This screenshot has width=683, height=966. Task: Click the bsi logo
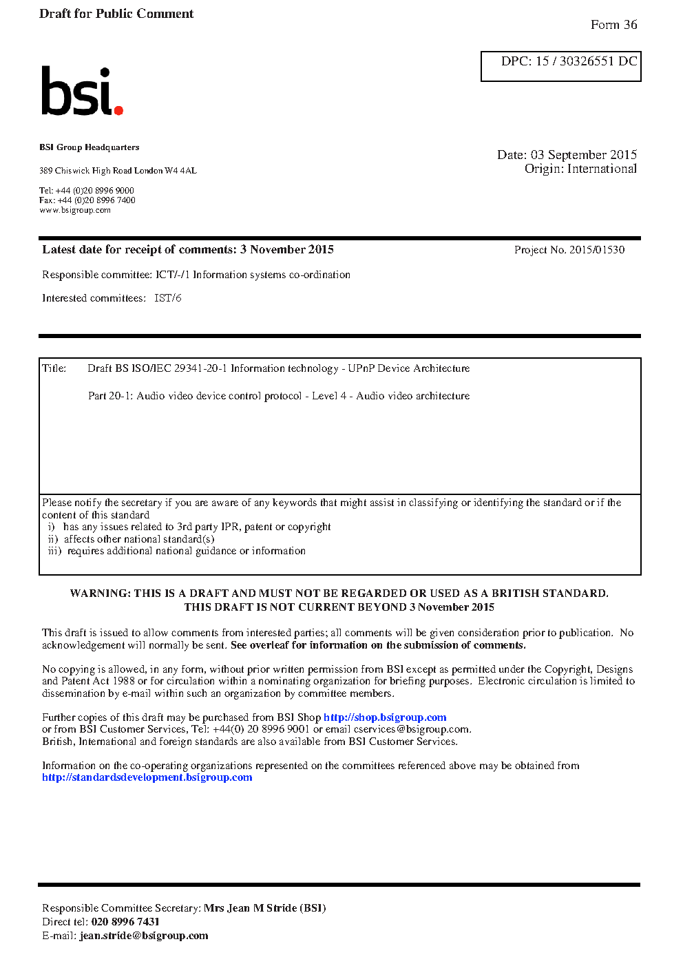[x=81, y=91]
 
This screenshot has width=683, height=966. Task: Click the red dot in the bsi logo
[x=118, y=109]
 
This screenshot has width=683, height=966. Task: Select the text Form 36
[x=613, y=25]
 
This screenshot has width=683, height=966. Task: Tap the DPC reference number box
[x=560, y=66]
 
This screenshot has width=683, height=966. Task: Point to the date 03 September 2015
[x=583, y=155]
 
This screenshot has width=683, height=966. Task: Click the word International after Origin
[x=602, y=169]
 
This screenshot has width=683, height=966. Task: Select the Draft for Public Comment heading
[x=116, y=14]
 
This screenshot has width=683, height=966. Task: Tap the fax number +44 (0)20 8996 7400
[x=96, y=200]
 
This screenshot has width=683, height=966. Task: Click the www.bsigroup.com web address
[x=75, y=210]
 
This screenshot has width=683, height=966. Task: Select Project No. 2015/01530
[x=569, y=250]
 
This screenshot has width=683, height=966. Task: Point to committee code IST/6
[x=168, y=298]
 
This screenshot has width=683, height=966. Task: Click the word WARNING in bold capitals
[x=100, y=594]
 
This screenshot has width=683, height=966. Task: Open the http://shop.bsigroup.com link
[x=385, y=717]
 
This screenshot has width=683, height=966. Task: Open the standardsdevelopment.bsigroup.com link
[x=147, y=777]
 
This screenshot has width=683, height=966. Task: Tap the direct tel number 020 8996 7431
[x=125, y=922]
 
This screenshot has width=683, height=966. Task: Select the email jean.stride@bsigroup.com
[x=144, y=936]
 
